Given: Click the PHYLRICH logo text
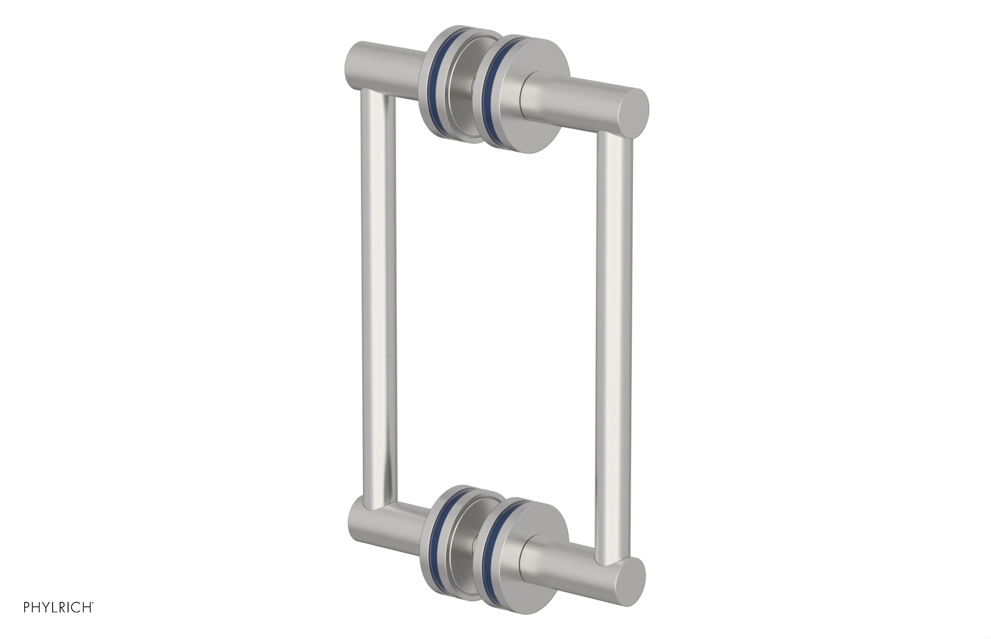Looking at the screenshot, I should pyautogui.click(x=58, y=607).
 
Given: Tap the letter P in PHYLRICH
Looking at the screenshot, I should pyautogui.click(x=27, y=607).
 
